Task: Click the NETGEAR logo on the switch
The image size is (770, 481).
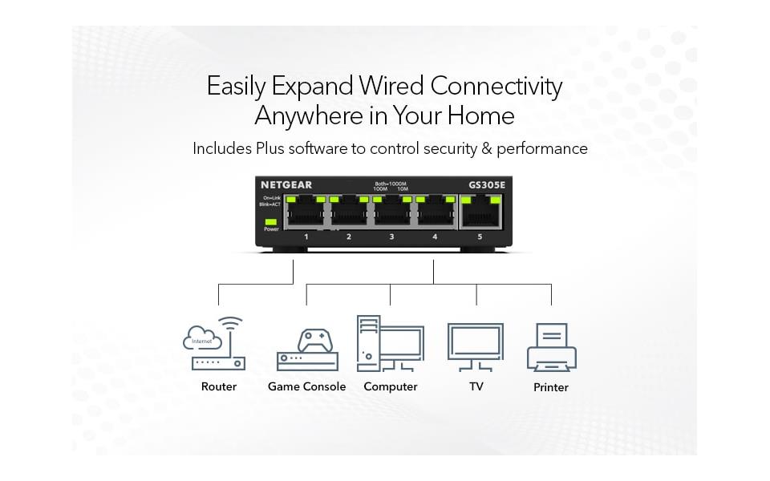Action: point(286,185)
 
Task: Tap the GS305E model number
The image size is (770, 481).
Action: point(488,185)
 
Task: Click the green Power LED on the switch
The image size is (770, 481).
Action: point(271,220)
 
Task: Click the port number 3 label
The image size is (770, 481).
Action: point(391,237)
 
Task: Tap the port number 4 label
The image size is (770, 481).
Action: point(435,237)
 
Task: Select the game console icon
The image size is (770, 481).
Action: point(306,351)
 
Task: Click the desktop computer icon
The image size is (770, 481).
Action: point(390,343)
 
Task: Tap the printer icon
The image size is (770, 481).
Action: point(551,347)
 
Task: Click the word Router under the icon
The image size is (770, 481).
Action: point(218,386)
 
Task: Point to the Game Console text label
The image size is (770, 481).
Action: point(306,386)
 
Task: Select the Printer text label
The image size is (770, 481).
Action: point(551,387)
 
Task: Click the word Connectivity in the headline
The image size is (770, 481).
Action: point(496,86)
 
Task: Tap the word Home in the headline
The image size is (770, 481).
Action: point(480,115)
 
